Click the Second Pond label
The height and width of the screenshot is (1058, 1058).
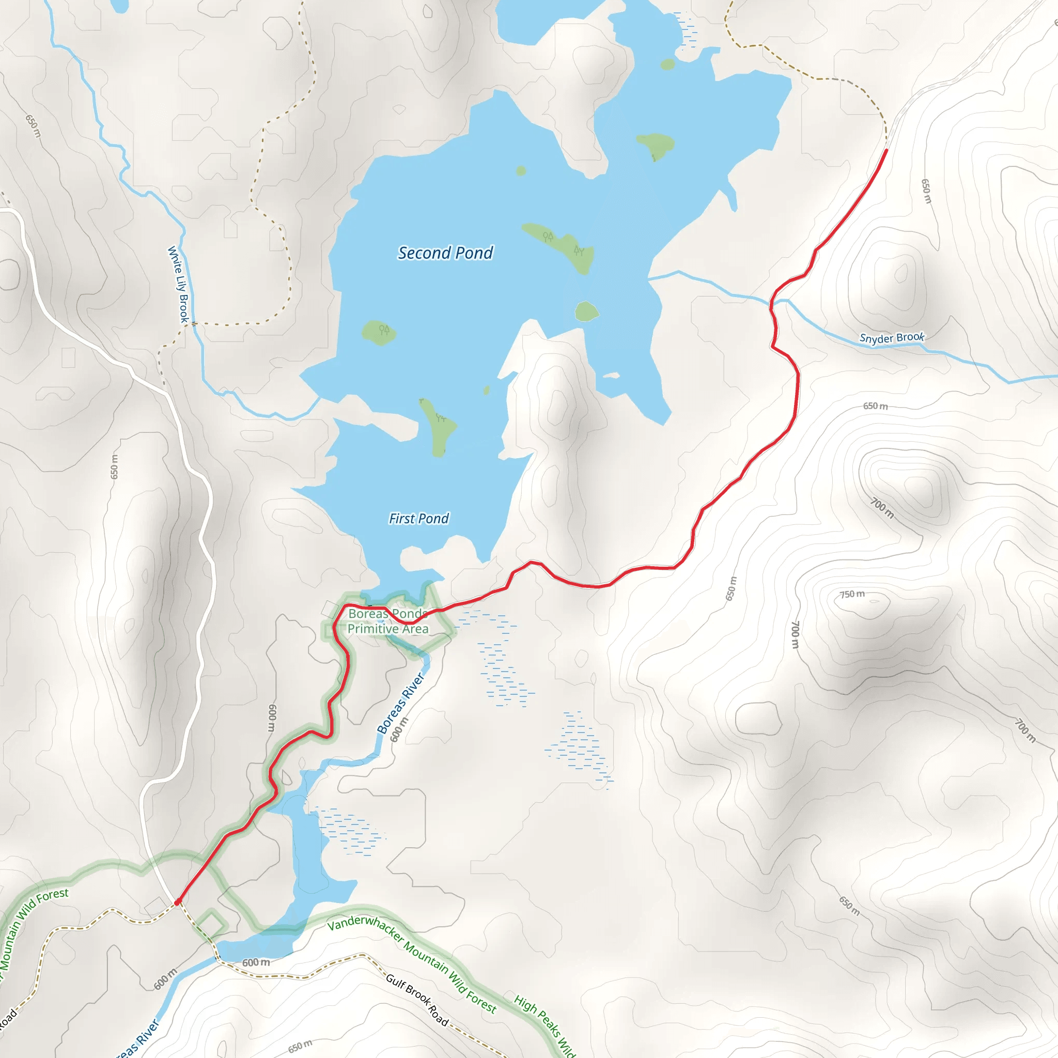point(445,253)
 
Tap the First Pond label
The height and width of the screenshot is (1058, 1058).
point(418,518)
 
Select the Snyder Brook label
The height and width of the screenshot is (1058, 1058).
point(892,338)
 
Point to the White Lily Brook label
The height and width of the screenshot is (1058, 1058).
point(179,284)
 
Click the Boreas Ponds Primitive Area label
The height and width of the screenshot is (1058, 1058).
point(388,621)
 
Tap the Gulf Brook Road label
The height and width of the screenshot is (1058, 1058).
point(417,1000)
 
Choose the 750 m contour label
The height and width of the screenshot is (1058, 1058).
point(852,594)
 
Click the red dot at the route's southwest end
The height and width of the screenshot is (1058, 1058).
point(177,902)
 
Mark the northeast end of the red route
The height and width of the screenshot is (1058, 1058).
point(886,150)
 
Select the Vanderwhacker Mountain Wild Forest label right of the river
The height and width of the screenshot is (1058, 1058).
point(412,964)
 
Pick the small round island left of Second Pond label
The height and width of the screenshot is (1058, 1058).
point(379,332)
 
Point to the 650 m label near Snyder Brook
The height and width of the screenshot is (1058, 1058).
point(875,407)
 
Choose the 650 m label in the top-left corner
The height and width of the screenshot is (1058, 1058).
point(34,127)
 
